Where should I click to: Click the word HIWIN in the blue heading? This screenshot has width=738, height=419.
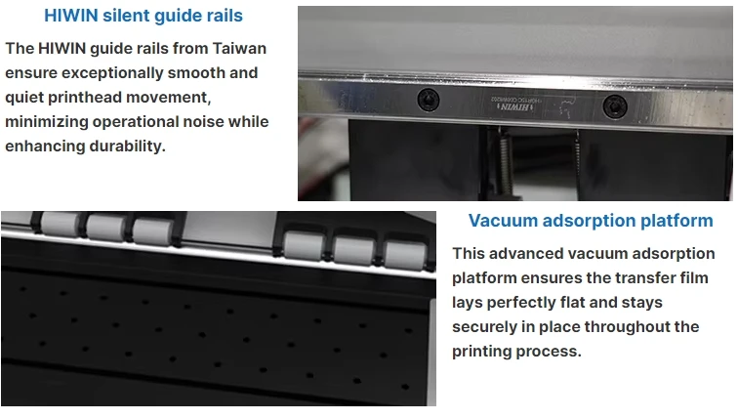pos(71,16)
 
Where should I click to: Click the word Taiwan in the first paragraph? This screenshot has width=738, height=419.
pos(239,49)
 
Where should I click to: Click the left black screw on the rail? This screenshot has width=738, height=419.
pos(429,100)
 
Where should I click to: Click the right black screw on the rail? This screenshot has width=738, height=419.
pos(615,105)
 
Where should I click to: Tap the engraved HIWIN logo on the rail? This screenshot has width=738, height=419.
pos(515,106)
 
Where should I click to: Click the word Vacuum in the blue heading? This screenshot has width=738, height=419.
pos(503,221)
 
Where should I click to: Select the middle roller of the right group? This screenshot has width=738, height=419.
pos(354,249)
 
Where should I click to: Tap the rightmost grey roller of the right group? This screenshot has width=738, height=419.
pos(404,254)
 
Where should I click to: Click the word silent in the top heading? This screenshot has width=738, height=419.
pos(126,16)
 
